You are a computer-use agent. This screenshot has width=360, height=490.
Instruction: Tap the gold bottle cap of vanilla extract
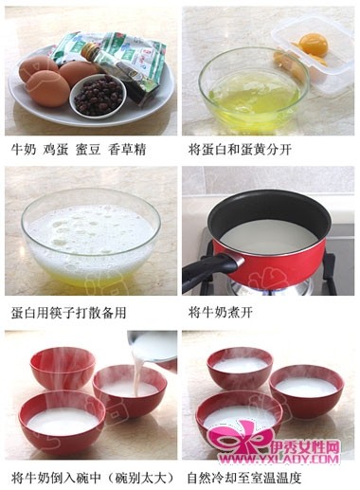pyautogui.click(x=89, y=49)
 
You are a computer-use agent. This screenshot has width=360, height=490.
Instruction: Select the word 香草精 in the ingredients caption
pyautogui.click(x=127, y=150)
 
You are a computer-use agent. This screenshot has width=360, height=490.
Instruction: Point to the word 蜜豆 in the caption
pyautogui.click(x=88, y=150)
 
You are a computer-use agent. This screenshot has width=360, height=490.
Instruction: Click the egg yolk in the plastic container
pyautogui.click(x=310, y=45)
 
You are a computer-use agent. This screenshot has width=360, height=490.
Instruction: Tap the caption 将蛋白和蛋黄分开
pyautogui.click(x=240, y=149)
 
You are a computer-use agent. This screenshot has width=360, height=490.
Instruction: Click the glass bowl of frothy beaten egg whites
pyautogui.click(x=91, y=238)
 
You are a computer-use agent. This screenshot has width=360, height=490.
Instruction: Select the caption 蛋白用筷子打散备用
pyautogui.click(x=69, y=313)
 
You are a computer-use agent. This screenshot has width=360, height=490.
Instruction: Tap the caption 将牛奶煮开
pyautogui.click(x=221, y=313)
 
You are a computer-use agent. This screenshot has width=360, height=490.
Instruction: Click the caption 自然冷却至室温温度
pyautogui.click(x=244, y=478)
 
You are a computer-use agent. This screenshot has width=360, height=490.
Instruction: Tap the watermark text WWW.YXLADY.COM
pyautogui.click(x=279, y=458)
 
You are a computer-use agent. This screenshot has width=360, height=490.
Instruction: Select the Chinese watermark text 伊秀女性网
pyautogui.click(x=305, y=446)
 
